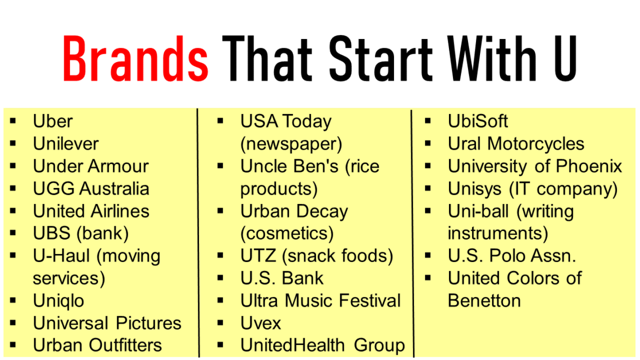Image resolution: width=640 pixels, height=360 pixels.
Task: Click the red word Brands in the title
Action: [135, 58]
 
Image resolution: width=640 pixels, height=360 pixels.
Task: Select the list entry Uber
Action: [53, 122]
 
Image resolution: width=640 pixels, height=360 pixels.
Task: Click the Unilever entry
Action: [65, 144]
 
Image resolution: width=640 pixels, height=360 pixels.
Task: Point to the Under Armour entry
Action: [91, 166]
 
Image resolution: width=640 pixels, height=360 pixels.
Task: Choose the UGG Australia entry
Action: [91, 189]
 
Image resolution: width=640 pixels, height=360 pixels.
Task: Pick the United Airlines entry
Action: [91, 211]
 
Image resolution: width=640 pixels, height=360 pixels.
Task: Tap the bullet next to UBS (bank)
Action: [14, 233]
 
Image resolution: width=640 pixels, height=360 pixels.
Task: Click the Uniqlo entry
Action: [58, 301]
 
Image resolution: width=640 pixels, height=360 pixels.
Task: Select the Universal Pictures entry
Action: [107, 323]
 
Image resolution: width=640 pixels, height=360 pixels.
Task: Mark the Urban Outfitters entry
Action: [97, 346]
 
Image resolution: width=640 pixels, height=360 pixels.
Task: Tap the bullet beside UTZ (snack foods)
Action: [221, 256]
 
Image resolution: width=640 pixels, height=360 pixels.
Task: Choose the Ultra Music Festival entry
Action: [320, 301]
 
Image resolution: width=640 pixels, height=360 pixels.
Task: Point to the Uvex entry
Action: [261, 323]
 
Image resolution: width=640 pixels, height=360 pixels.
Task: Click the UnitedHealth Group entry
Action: [322, 346]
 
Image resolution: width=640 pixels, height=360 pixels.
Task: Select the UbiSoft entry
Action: [478, 122]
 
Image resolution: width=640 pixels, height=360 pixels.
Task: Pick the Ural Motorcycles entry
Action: [516, 144]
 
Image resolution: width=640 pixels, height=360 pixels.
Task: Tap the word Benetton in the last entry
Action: [484, 301]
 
